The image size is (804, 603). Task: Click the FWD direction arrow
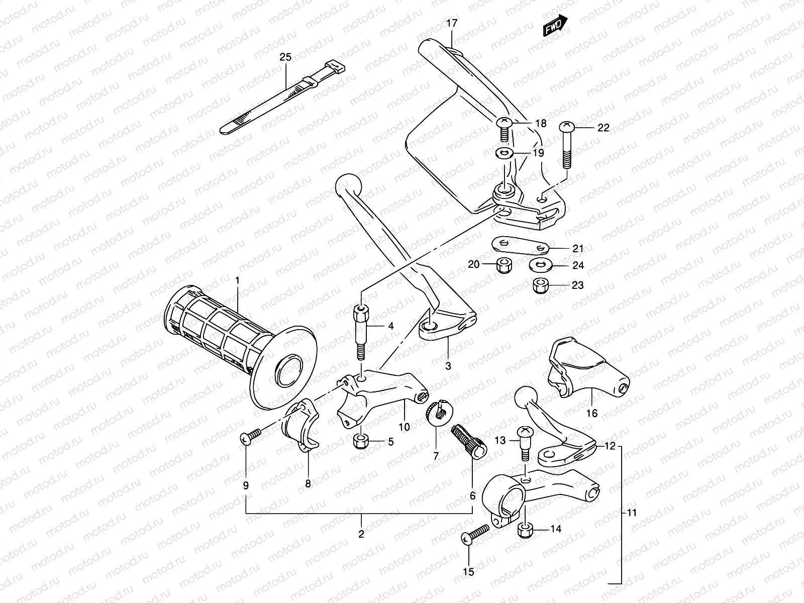pos(555,25)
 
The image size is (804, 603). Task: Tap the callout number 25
pos(285,57)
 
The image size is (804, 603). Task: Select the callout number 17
pos(451,23)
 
